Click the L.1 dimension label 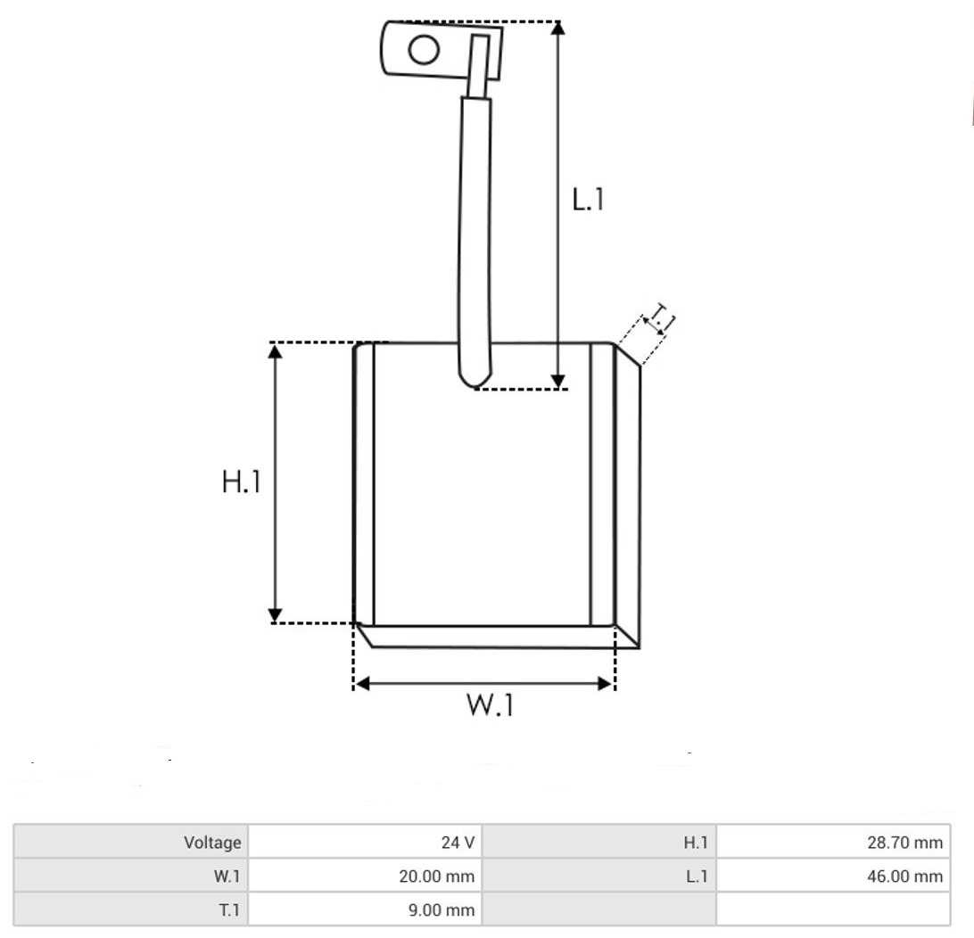[587, 199]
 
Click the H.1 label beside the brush [241, 481]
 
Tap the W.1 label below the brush [490, 705]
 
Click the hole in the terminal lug [425, 50]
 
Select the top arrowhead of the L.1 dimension [557, 29]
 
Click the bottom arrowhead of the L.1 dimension [558, 382]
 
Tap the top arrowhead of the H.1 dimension [275, 351]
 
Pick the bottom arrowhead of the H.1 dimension [275, 615]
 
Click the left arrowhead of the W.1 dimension [362, 684]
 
